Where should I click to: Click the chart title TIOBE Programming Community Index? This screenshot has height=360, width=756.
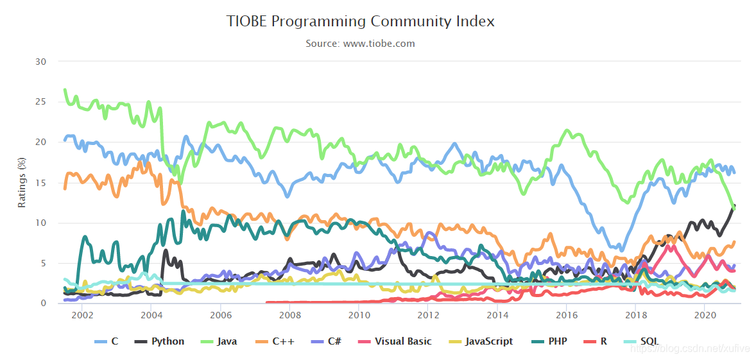pos(361,21)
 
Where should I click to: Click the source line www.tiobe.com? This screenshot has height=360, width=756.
pos(360,44)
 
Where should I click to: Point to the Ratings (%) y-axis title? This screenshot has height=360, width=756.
pos(22,182)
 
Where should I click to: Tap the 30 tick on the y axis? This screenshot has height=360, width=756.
pos(42,62)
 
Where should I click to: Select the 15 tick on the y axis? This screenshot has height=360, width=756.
pos(42,183)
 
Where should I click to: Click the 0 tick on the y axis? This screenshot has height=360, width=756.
pos(45,304)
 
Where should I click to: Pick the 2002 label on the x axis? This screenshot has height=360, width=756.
pos(82,315)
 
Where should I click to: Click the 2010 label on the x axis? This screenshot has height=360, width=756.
pos(359,315)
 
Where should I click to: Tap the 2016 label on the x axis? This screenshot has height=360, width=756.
pos(567,315)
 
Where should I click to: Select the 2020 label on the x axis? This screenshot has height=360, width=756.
pos(705,315)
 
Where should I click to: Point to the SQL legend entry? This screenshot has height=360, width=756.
pos(649,341)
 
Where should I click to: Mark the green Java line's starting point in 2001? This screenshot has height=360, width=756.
pos(65,90)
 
